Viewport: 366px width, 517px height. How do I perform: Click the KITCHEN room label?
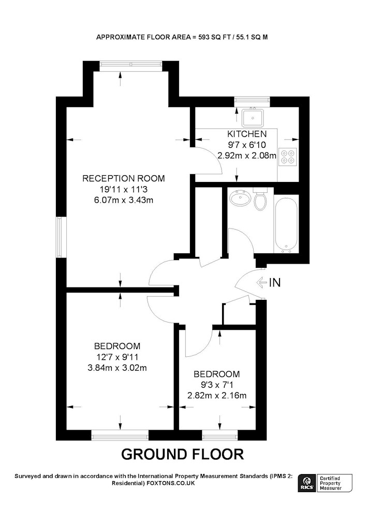click(x=247, y=134)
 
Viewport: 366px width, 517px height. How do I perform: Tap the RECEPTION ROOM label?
click(x=123, y=178)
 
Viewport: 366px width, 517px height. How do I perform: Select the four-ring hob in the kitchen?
click(x=288, y=157)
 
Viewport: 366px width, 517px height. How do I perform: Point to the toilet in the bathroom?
click(x=260, y=199)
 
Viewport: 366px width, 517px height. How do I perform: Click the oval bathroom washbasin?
click(x=240, y=198)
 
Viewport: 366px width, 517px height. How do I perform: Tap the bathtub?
click(x=286, y=224)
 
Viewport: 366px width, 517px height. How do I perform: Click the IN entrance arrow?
click(x=262, y=283)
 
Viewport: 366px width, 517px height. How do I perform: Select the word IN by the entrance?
click(x=275, y=283)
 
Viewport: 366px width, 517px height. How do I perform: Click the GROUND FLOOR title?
click(x=183, y=454)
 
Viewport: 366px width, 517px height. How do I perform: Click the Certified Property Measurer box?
click(x=334, y=483)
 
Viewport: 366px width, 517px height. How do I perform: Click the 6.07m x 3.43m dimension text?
click(x=124, y=200)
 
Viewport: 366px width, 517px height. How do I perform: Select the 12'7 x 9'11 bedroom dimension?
click(x=117, y=357)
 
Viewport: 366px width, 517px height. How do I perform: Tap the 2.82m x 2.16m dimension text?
click(x=217, y=396)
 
